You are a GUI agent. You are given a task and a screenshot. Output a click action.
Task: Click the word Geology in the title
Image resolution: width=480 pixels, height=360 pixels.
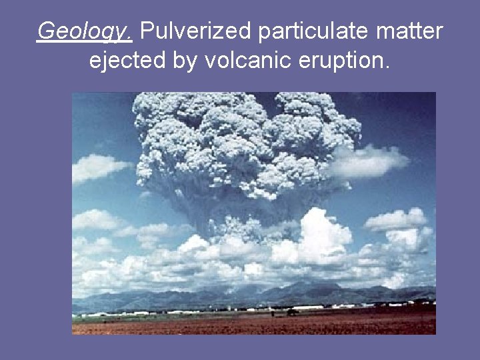point(84,31)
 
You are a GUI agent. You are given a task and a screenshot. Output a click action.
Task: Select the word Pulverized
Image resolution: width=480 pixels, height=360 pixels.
point(197,31)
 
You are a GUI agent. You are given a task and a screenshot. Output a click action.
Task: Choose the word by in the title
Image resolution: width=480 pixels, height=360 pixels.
point(185,61)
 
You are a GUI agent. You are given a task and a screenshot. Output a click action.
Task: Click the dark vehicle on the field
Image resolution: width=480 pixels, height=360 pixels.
point(291,311)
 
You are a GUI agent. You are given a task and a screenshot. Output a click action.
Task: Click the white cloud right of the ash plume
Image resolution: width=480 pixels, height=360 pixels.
point(373,160)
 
